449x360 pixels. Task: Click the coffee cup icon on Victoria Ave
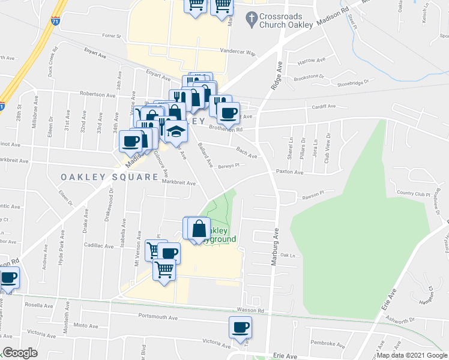click(x=240, y=328)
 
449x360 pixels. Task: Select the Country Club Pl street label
click(x=414, y=193)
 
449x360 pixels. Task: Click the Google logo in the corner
click(x=19, y=352)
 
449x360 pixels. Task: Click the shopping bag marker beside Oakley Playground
click(x=199, y=229)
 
